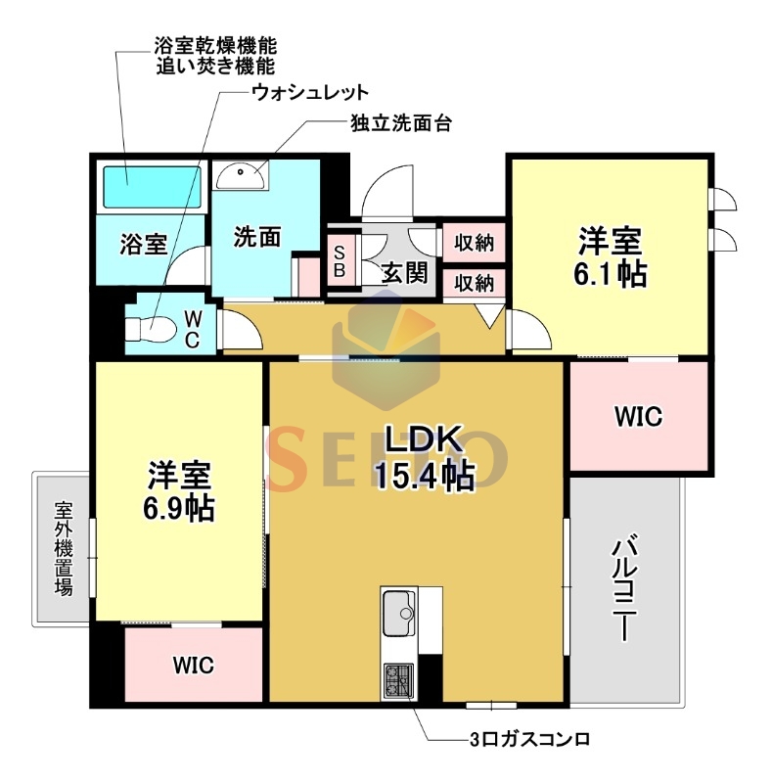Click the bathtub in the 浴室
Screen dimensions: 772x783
click(x=152, y=187)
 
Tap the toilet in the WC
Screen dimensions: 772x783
click(x=150, y=330)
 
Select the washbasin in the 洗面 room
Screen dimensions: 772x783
click(x=241, y=175)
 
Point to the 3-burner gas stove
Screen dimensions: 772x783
click(x=398, y=681)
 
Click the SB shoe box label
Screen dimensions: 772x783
click(x=340, y=260)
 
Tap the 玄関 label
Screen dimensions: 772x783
click(x=404, y=273)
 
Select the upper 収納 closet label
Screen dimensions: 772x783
click(x=474, y=243)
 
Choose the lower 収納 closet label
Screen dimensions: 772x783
click(x=474, y=283)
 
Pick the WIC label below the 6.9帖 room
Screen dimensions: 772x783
click(x=194, y=666)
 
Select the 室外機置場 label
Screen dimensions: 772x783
click(x=64, y=548)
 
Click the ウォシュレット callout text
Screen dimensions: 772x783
click(x=310, y=92)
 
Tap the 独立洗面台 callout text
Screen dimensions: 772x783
click(x=401, y=123)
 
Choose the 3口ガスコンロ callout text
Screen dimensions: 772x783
click(x=529, y=739)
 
